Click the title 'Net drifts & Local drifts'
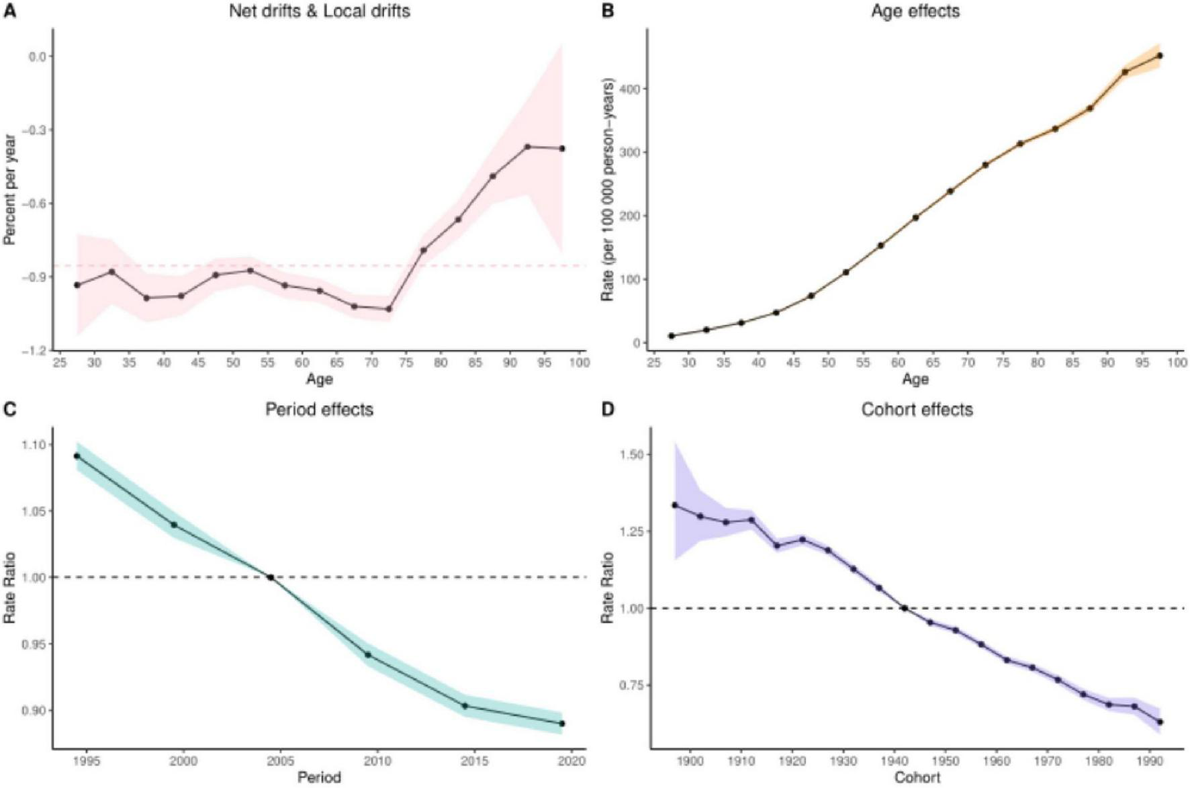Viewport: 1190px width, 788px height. point(319,11)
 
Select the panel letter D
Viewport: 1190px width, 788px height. point(607,409)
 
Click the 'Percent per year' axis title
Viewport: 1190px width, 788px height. point(9,189)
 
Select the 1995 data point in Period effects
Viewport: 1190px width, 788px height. point(77,456)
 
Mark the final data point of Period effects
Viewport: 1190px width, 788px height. point(562,724)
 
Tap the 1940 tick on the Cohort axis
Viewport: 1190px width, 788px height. point(894,761)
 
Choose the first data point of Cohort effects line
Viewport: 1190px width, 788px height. point(675,505)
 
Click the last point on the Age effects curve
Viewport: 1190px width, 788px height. point(1160,56)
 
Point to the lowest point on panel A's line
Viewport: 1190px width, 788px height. point(388,309)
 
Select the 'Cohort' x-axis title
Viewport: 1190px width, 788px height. point(917,778)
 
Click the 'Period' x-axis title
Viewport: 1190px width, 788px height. point(319,778)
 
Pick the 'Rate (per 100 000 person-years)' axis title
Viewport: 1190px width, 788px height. point(608,189)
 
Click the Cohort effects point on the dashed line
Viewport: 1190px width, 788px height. point(905,608)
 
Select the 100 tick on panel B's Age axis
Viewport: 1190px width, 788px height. point(1177,363)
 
